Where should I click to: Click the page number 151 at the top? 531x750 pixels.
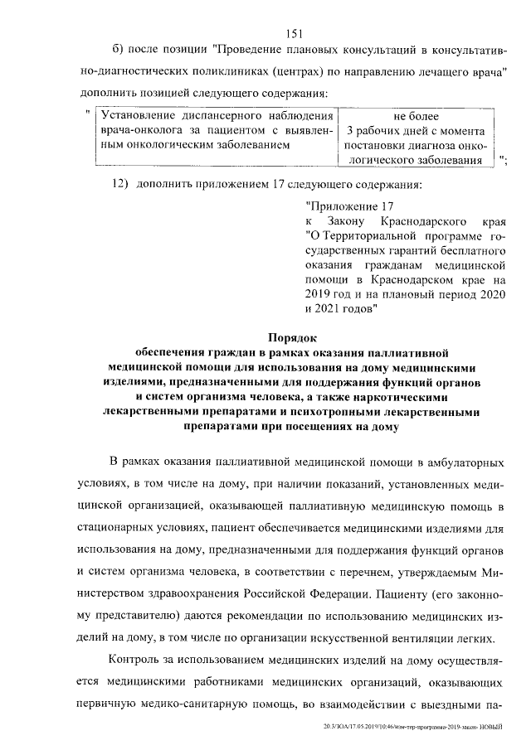291,33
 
